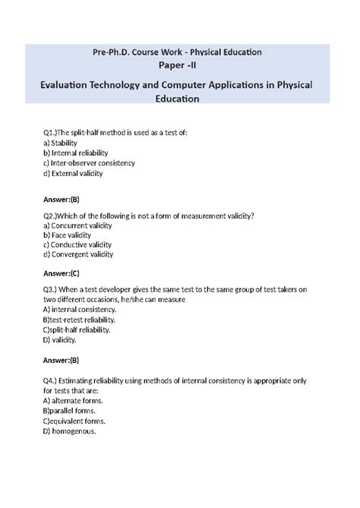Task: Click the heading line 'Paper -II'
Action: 179,66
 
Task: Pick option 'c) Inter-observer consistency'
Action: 89,162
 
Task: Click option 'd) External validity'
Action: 73,173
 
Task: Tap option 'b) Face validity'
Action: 68,235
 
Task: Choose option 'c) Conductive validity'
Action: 77,245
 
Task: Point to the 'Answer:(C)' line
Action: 61,273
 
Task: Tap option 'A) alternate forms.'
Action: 74,400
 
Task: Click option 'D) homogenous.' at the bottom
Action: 69,431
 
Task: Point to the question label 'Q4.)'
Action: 52,380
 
